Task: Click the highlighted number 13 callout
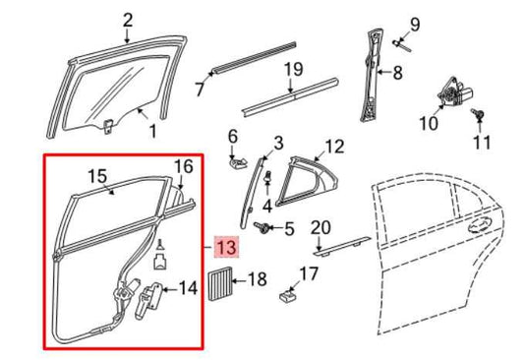[x=227, y=248]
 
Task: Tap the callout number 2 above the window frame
[x=128, y=21]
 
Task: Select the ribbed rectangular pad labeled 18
[x=219, y=282]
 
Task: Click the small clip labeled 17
[x=288, y=295]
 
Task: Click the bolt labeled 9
[x=401, y=45]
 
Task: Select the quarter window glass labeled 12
[x=306, y=181]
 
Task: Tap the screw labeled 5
[x=262, y=227]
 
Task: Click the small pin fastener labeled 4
[x=267, y=179]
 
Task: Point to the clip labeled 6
[x=238, y=162]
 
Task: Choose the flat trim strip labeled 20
[x=342, y=246]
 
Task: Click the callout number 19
[x=293, y=69]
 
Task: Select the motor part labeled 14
[x=148, y=300]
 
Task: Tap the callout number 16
[x=184, y=166]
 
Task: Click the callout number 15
[x=97, y=176]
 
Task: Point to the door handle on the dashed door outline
[x=481, y=225]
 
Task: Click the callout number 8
[x=397, y=72]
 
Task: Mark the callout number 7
[x=200, y=89]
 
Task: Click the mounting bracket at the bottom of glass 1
[x=107, y=126]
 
